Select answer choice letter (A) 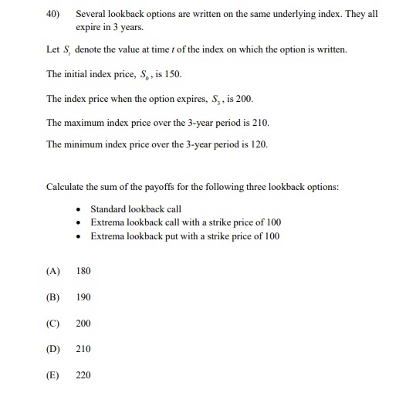[x=53, y=271]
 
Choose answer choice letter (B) [x=53, y=297]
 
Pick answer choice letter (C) [x=53, y=324]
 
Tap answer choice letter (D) [x=53, y=349]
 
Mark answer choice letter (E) [x=53, y=375]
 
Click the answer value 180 [x=83, y=271]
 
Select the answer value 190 [x=83, y=297]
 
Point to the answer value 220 [x=83, y=375]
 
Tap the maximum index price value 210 [x=260, y=123]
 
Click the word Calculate [x=66, y=187]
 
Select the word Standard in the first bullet [x=109, y=209]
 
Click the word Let [x=53, y=51]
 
